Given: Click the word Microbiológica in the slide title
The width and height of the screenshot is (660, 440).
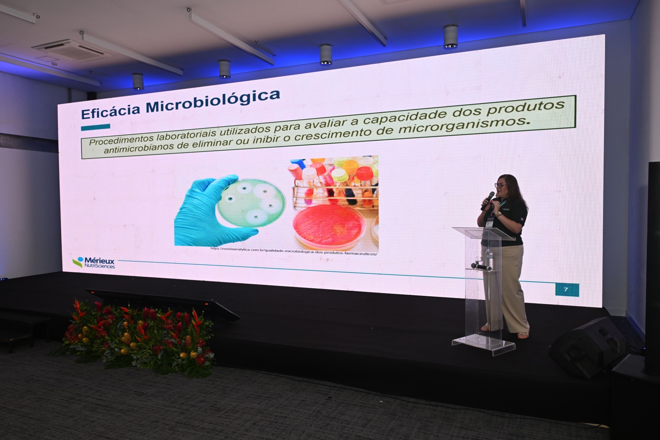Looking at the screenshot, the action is click(x=212, y=102).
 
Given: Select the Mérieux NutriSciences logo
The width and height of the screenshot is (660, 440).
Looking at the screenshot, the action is click(x=94, y=262).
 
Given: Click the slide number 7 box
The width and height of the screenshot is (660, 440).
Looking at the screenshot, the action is click(x=566, y=290).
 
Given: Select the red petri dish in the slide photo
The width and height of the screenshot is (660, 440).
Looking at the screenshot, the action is click(x=329, y=225).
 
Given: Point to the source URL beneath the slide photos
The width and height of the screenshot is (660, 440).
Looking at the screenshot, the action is click(x=294, y=251).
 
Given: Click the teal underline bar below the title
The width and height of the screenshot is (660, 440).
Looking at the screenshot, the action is click(x=95, y=127).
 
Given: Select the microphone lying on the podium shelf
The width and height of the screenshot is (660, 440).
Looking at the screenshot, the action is click(x=481, y=267).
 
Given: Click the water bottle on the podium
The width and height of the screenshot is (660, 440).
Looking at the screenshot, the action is click(x=488, y=257).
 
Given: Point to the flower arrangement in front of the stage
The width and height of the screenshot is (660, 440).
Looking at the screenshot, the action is click(x=136, y=337).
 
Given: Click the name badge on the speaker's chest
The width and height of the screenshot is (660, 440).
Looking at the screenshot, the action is click(x=490, y=222).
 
